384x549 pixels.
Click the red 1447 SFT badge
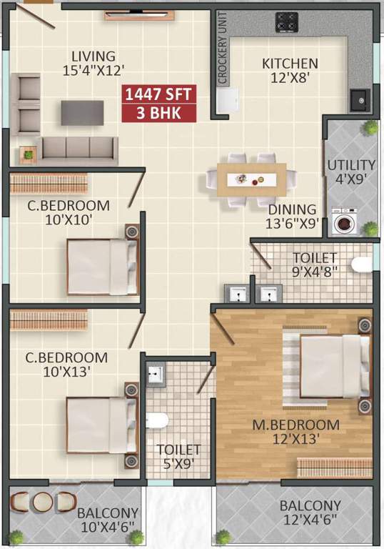coord(158,95)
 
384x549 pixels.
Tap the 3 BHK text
coord(158,113)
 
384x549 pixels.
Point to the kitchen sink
coord(359,99)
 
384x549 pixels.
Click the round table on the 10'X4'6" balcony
coord(43,501)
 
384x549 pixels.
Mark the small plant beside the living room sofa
coord(28,152)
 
